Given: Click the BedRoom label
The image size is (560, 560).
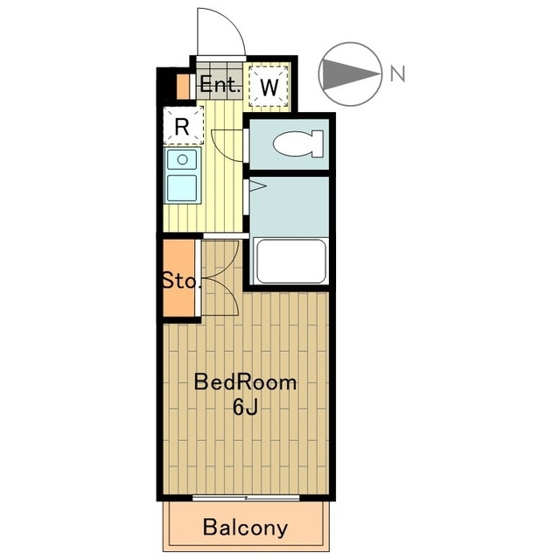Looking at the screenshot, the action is pos(245,382).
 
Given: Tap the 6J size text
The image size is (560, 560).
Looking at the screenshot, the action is pos(245,407).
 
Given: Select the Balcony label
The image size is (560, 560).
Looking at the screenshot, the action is pos(245,528).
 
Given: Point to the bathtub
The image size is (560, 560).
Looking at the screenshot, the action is pos(291,261).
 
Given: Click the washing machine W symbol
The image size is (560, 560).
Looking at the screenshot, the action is pos(269,86).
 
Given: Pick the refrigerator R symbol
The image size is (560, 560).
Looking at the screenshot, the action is pos(183,126).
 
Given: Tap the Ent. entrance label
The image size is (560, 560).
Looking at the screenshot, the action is pos(220,85).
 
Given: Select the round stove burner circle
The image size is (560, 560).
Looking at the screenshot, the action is pos(182,159).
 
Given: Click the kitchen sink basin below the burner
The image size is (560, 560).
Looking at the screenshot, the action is pos(182,188).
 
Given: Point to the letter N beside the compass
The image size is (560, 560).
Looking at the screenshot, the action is pos(397,73).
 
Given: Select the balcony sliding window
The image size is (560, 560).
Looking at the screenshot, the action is pos(246,498).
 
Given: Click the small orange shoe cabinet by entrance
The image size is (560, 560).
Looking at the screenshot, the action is pos(184,87).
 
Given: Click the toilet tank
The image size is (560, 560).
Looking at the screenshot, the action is pos(318,143).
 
